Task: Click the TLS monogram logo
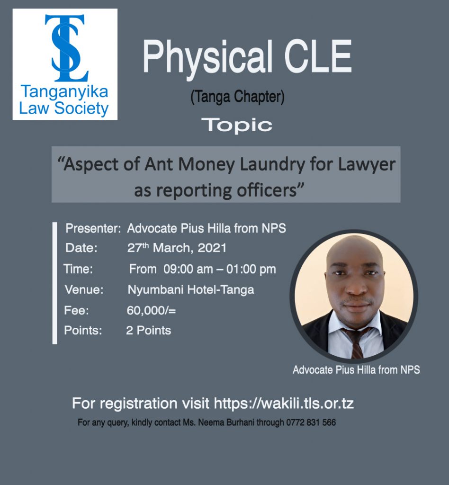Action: coord(67,48)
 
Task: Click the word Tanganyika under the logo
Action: coord(64,92)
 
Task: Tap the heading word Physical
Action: coord(207,57)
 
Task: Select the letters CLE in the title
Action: coord(318,56)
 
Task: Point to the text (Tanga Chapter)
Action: coord(237,97)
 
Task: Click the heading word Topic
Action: coord(237,125)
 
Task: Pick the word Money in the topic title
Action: coord(207,164)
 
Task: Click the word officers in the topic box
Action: coord(266,190)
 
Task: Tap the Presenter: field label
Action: coord(93,228)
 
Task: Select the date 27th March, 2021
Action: coord(177,248)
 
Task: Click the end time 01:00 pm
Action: coord(251,269)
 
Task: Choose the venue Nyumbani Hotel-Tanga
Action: coord(191,290)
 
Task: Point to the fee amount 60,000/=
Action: coord(151,310)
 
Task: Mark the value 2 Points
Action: coord(148,330)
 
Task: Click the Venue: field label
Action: coord(84,290)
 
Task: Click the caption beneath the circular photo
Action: coord(356,369)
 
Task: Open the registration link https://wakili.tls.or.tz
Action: coord(284,404)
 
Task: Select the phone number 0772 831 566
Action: coord(311,422)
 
